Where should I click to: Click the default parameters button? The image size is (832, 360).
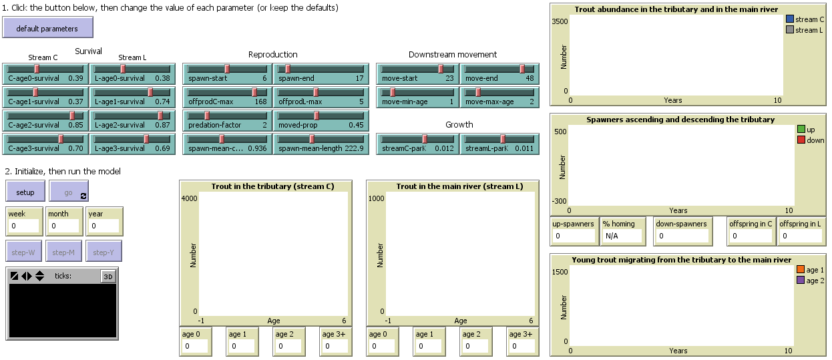[x=47, y=28]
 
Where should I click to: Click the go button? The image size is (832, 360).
[x=68, y=192]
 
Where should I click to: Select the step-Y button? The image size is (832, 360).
[x=103, y=252]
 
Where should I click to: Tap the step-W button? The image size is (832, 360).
[x=24, y=252]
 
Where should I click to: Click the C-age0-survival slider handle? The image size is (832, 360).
[x=37, y=68]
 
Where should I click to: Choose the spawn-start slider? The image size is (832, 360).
[x=226, y=73]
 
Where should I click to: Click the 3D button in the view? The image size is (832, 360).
[x=108, y=276]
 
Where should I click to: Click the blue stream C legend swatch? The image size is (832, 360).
[x=791, y=19]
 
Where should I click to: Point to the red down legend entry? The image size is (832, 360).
[x=811, y=140]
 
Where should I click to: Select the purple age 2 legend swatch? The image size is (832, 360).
[x=801, y=281]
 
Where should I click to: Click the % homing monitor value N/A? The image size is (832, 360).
[x=622, y=236]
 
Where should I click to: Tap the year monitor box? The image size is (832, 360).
[x=103, y=226]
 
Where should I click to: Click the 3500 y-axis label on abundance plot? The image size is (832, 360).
[x=560, y=21]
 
